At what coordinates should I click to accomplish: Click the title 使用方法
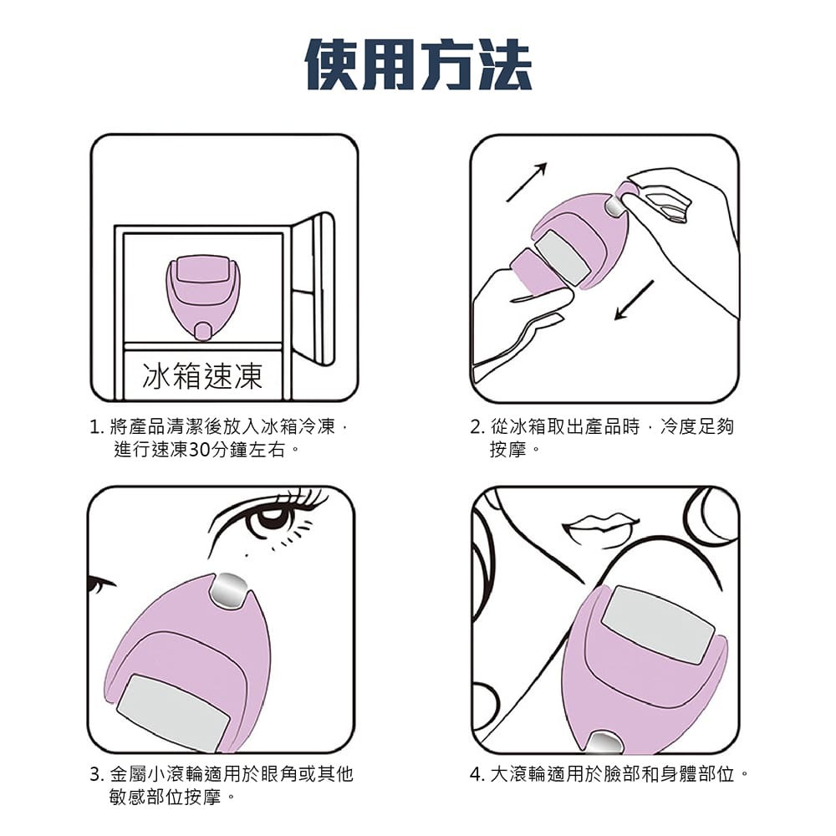coord(418,64)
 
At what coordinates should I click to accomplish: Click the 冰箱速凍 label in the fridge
coord(202,376)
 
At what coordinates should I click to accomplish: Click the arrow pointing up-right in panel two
coord(527,181)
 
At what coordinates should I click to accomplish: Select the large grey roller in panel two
coord(562,257)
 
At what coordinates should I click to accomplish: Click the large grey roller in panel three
coord(172,711)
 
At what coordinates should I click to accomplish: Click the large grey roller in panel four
coord(659,623)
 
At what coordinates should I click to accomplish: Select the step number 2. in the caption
coord(477,428)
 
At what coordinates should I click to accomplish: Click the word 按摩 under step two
coord(508,450)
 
